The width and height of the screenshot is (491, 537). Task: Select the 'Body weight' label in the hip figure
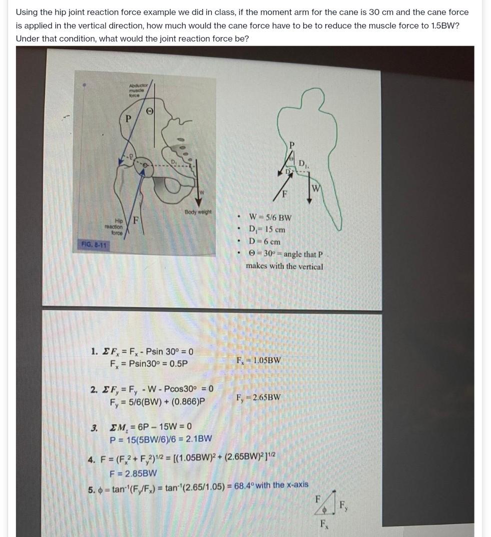pos(198,212)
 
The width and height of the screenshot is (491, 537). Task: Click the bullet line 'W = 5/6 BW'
pos(270,218)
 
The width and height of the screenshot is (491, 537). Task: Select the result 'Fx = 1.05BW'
pos(258,360)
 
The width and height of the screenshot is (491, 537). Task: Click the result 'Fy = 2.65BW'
pos(258,397)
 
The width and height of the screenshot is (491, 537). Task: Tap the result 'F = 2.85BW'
pos(133,473)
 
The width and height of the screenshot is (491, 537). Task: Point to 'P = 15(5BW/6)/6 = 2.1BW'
pos(161,439)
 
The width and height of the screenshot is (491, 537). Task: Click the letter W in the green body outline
pos(316,189)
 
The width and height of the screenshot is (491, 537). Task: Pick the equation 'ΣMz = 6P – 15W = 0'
pos(150,427)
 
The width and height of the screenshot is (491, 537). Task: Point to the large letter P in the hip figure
pos(129,119)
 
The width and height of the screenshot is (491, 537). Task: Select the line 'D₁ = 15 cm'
pos(267,230)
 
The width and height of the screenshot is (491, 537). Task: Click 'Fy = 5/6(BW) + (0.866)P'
pos(158,401)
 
